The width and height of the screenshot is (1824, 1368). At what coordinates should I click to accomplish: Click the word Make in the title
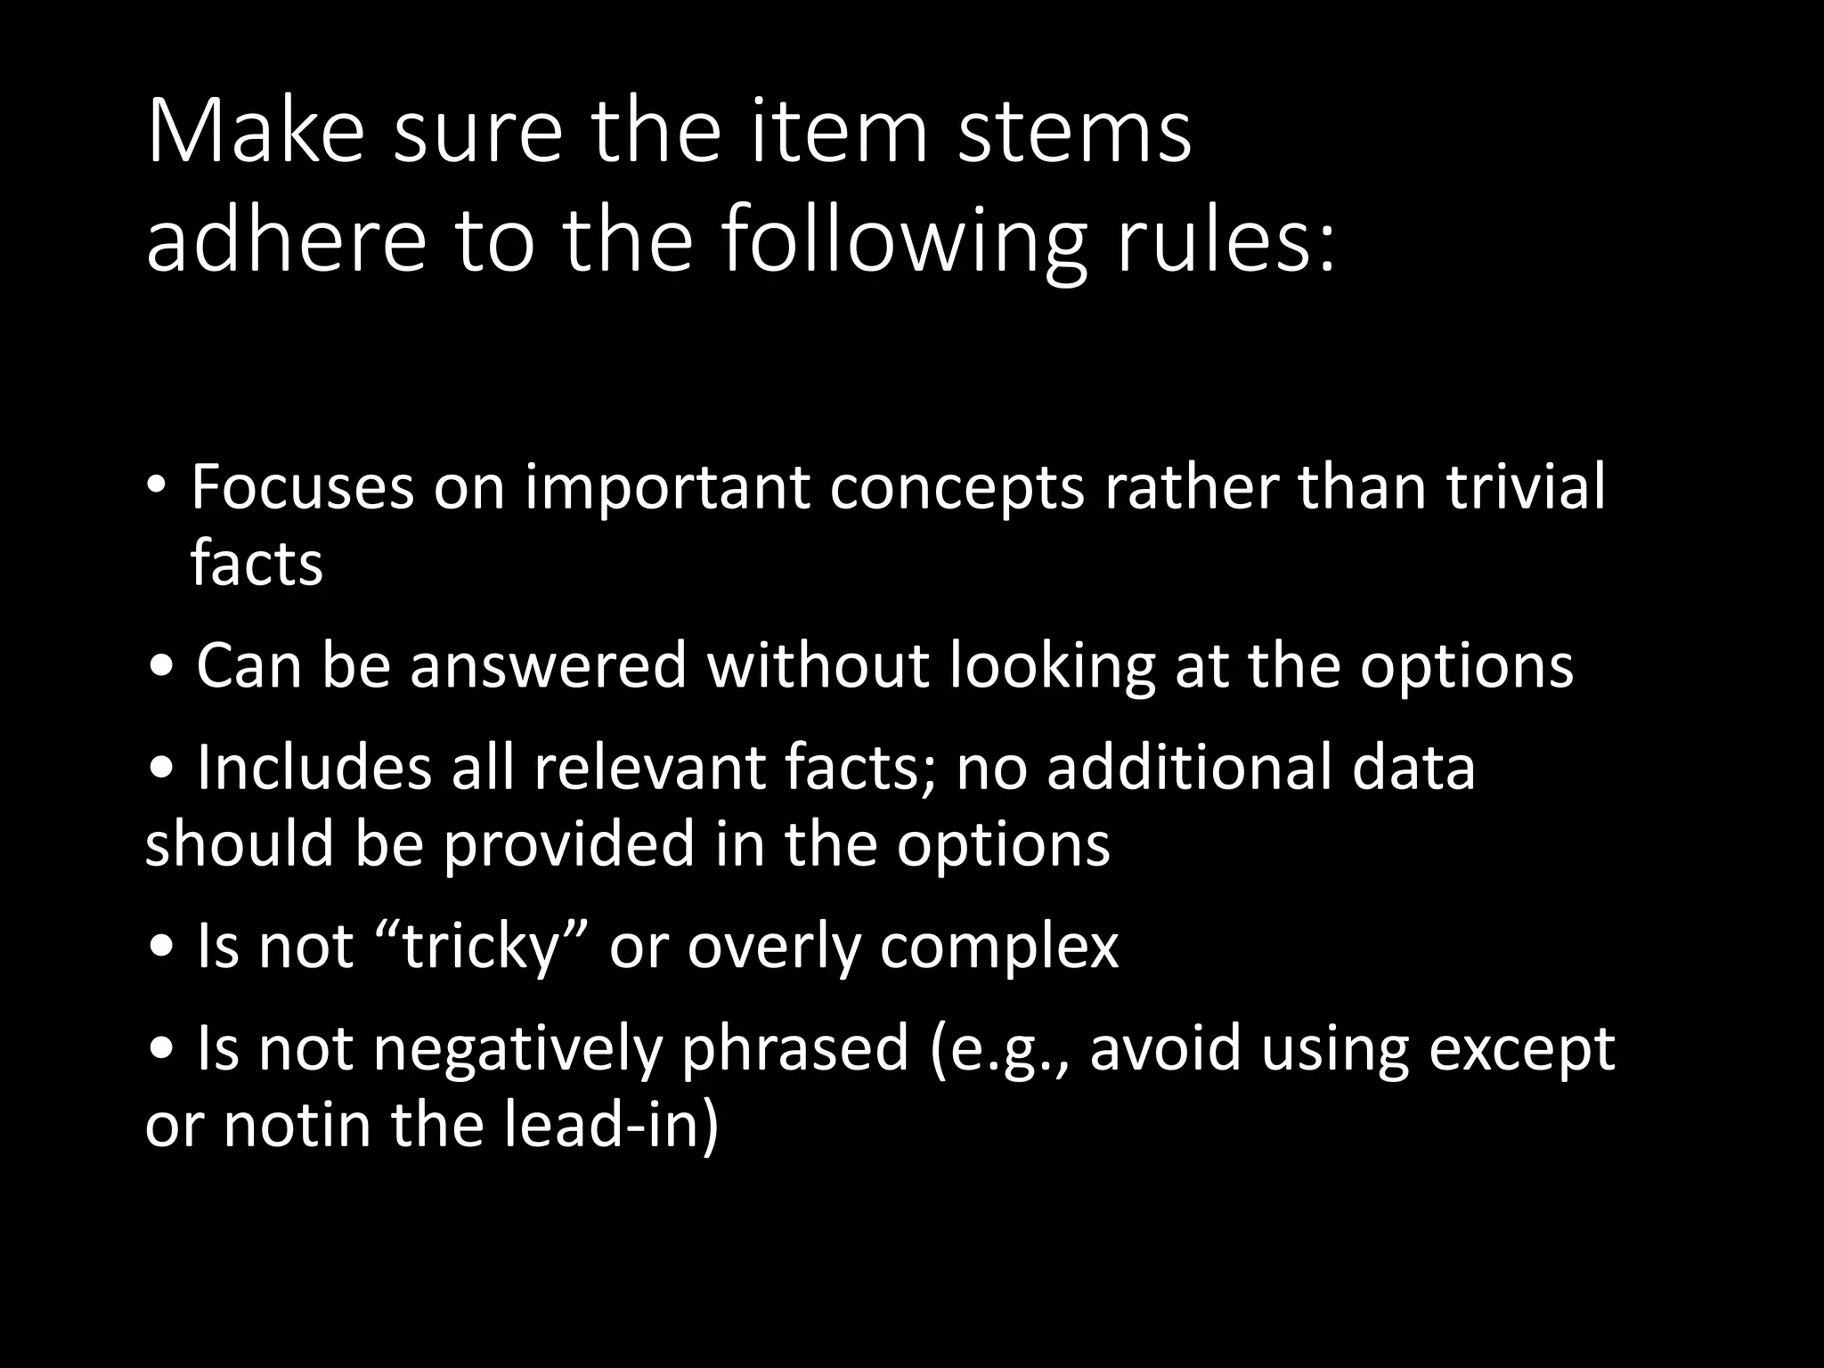256,133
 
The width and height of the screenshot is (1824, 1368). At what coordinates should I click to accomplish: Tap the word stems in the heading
1073,133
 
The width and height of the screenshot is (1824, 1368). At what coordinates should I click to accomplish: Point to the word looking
1052,666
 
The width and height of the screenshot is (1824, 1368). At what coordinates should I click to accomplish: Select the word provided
568,844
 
